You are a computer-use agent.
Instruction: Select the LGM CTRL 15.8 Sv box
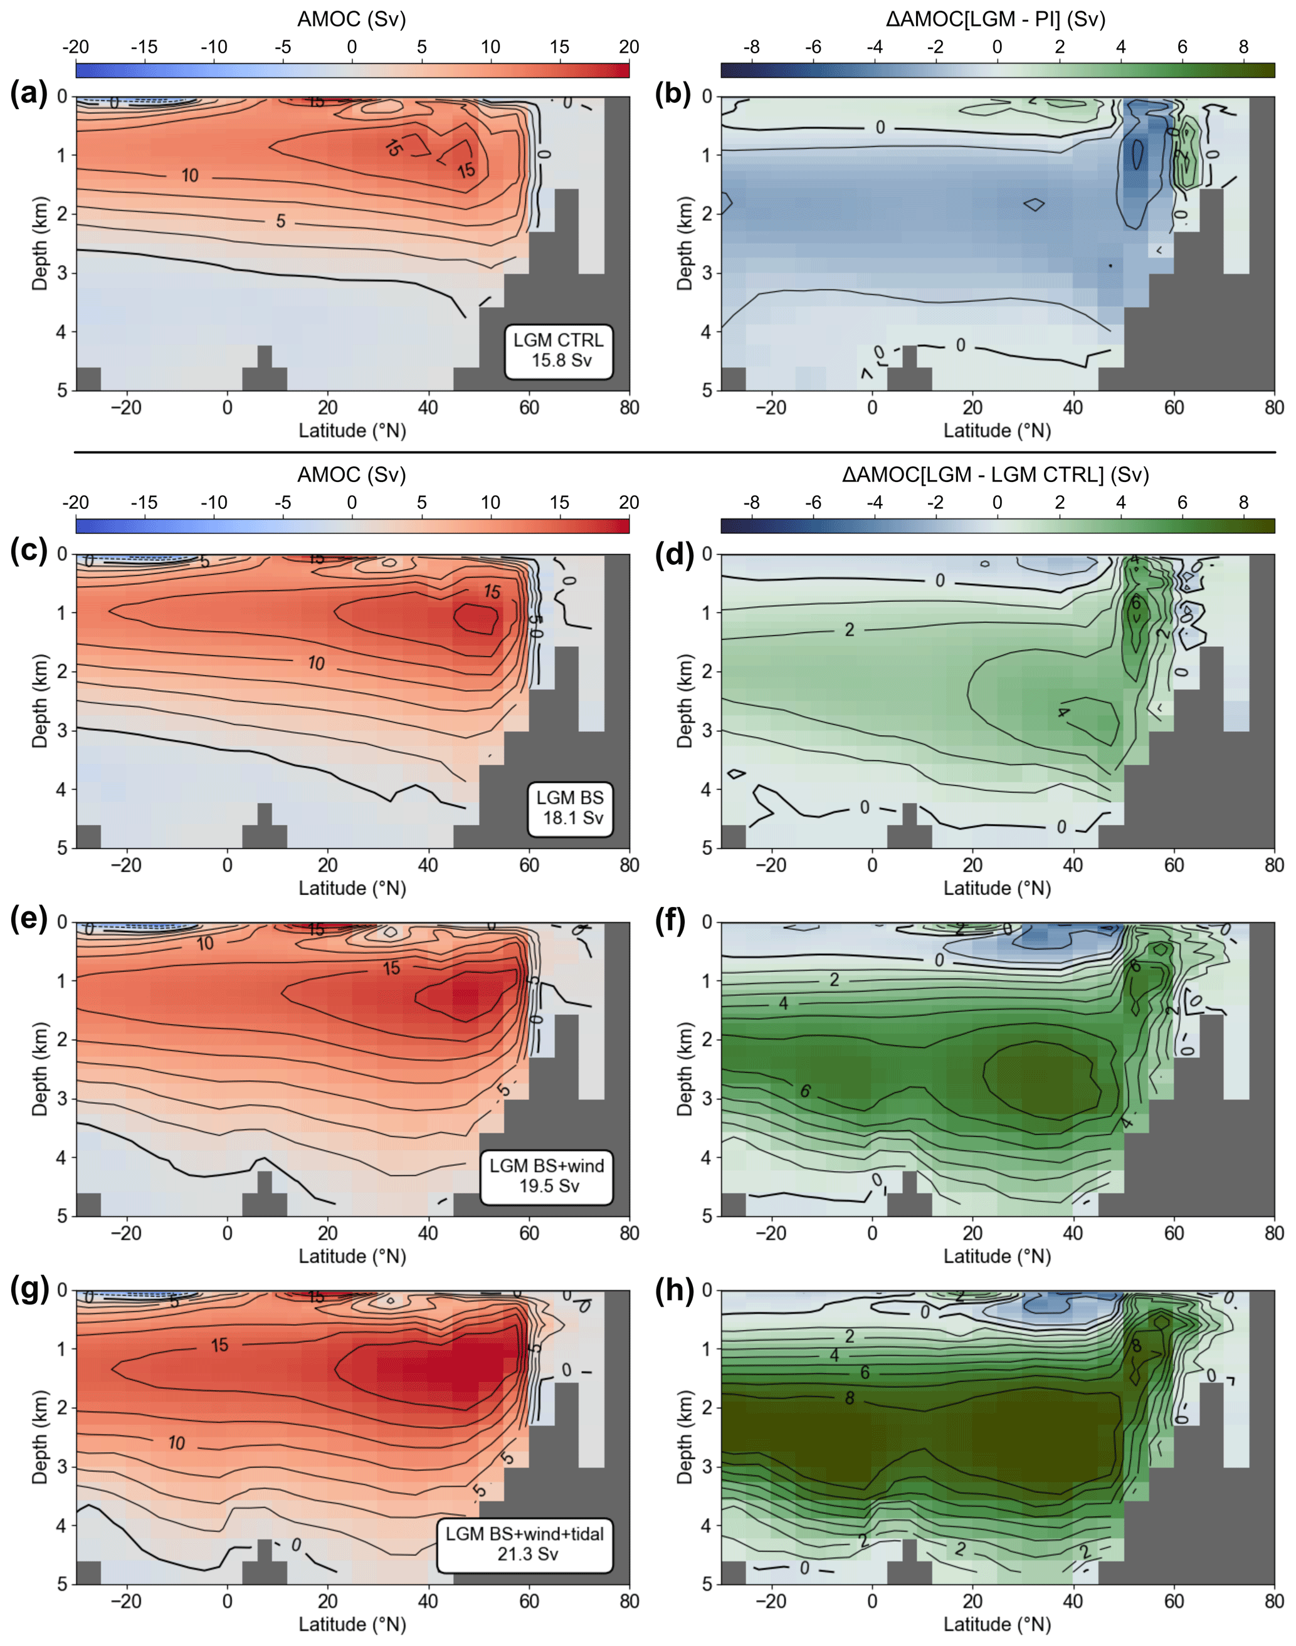(559, 350)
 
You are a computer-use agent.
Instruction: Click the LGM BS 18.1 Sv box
(571, 808)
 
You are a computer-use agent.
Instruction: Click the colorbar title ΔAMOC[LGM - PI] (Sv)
(996, 19)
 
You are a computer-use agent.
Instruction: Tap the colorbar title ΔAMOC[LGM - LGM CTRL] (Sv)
(996, 475)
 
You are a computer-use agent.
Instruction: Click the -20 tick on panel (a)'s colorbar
(75, 47)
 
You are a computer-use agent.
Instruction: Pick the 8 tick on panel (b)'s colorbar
(1243, 47)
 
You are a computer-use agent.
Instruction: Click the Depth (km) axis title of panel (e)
(40, 1069)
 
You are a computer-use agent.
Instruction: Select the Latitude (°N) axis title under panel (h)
(997, 1624)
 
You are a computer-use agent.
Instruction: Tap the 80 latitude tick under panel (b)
(1274, 408)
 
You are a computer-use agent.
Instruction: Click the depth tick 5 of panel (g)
(61, 1583)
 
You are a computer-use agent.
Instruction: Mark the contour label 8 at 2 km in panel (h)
(850, 1398)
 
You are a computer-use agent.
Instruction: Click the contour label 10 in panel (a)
(190, 176)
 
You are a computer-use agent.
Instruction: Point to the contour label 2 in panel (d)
(850, 629)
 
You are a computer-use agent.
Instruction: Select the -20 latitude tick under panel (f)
(771, 1234)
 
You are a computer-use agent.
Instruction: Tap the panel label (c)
(29, 552)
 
